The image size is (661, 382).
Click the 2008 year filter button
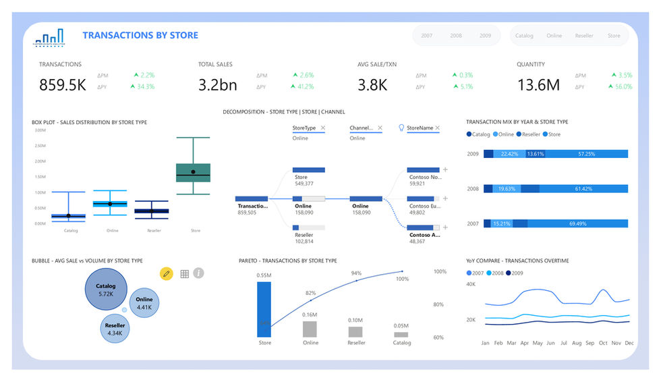point(456,36)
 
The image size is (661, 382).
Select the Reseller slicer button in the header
point(584,36)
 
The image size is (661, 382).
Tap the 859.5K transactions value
point(62,84)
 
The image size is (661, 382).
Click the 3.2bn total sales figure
point(218,84)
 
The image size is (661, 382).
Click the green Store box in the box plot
point(193,172)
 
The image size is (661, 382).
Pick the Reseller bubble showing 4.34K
point(114,329)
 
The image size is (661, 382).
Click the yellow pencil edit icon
point(166,273)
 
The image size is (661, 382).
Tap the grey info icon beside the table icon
point(198,273)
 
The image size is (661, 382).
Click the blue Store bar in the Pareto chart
point(264,309)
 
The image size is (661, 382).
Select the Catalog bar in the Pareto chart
point(401,334)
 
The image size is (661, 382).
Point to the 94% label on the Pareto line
point(356,273)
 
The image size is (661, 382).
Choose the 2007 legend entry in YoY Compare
point(477,273)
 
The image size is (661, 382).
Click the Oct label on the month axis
point(603,343)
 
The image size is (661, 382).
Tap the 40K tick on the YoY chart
point(471,285)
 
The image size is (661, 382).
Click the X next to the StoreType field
point(322,128)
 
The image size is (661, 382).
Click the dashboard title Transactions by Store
point(140,35)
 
